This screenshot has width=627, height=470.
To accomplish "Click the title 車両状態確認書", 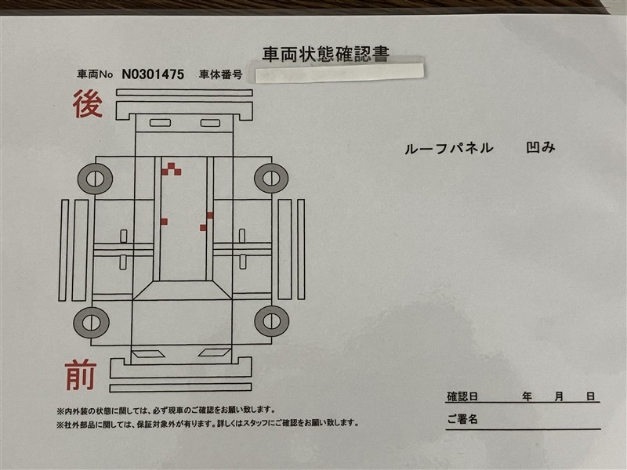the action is point(326,54).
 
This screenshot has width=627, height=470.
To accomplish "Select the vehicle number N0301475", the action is point(153,74).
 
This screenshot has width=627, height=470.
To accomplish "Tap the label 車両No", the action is point(95,74).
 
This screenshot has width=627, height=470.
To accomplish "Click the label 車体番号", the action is point(221,74).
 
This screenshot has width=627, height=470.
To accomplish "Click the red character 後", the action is point(88,103).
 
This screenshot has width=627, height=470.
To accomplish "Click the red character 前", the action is point(82,374).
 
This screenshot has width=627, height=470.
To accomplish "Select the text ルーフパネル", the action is point(448,149).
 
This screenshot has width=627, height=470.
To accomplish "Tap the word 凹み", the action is point(541,147).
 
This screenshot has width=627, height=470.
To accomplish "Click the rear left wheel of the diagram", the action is point(95,179).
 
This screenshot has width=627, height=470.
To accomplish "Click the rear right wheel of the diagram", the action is point(271,178).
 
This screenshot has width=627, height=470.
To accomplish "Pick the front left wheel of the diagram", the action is point(91,323).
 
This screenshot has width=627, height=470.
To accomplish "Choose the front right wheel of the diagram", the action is point(271,321).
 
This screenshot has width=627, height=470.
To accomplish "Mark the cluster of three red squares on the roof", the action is point(171,169).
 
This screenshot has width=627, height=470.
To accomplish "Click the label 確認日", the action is point(462,396).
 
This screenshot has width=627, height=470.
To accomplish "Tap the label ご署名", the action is point(462,419).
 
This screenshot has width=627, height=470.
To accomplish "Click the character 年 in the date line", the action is point(527,396).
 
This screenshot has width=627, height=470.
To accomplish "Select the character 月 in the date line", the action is point(559,396).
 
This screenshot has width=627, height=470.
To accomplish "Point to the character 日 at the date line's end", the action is point(591,396).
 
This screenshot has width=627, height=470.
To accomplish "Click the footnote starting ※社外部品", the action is point(208,423).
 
